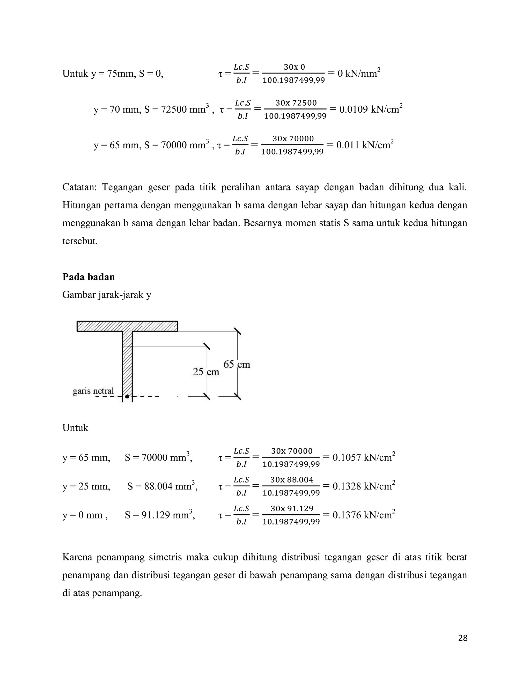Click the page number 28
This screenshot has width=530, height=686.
pos(463,638)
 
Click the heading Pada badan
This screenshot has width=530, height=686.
pos(89,277)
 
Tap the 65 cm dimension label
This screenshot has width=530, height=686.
pos(237,364)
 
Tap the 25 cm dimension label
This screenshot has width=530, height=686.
pos(206,372)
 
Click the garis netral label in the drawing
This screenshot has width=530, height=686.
pos(93,391)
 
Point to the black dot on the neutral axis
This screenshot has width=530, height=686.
pos(127,397)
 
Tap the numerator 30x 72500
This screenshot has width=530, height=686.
pos(296,103)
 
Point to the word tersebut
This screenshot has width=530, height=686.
pos(80,241)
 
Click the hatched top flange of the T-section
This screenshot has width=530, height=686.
pos(127,326)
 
